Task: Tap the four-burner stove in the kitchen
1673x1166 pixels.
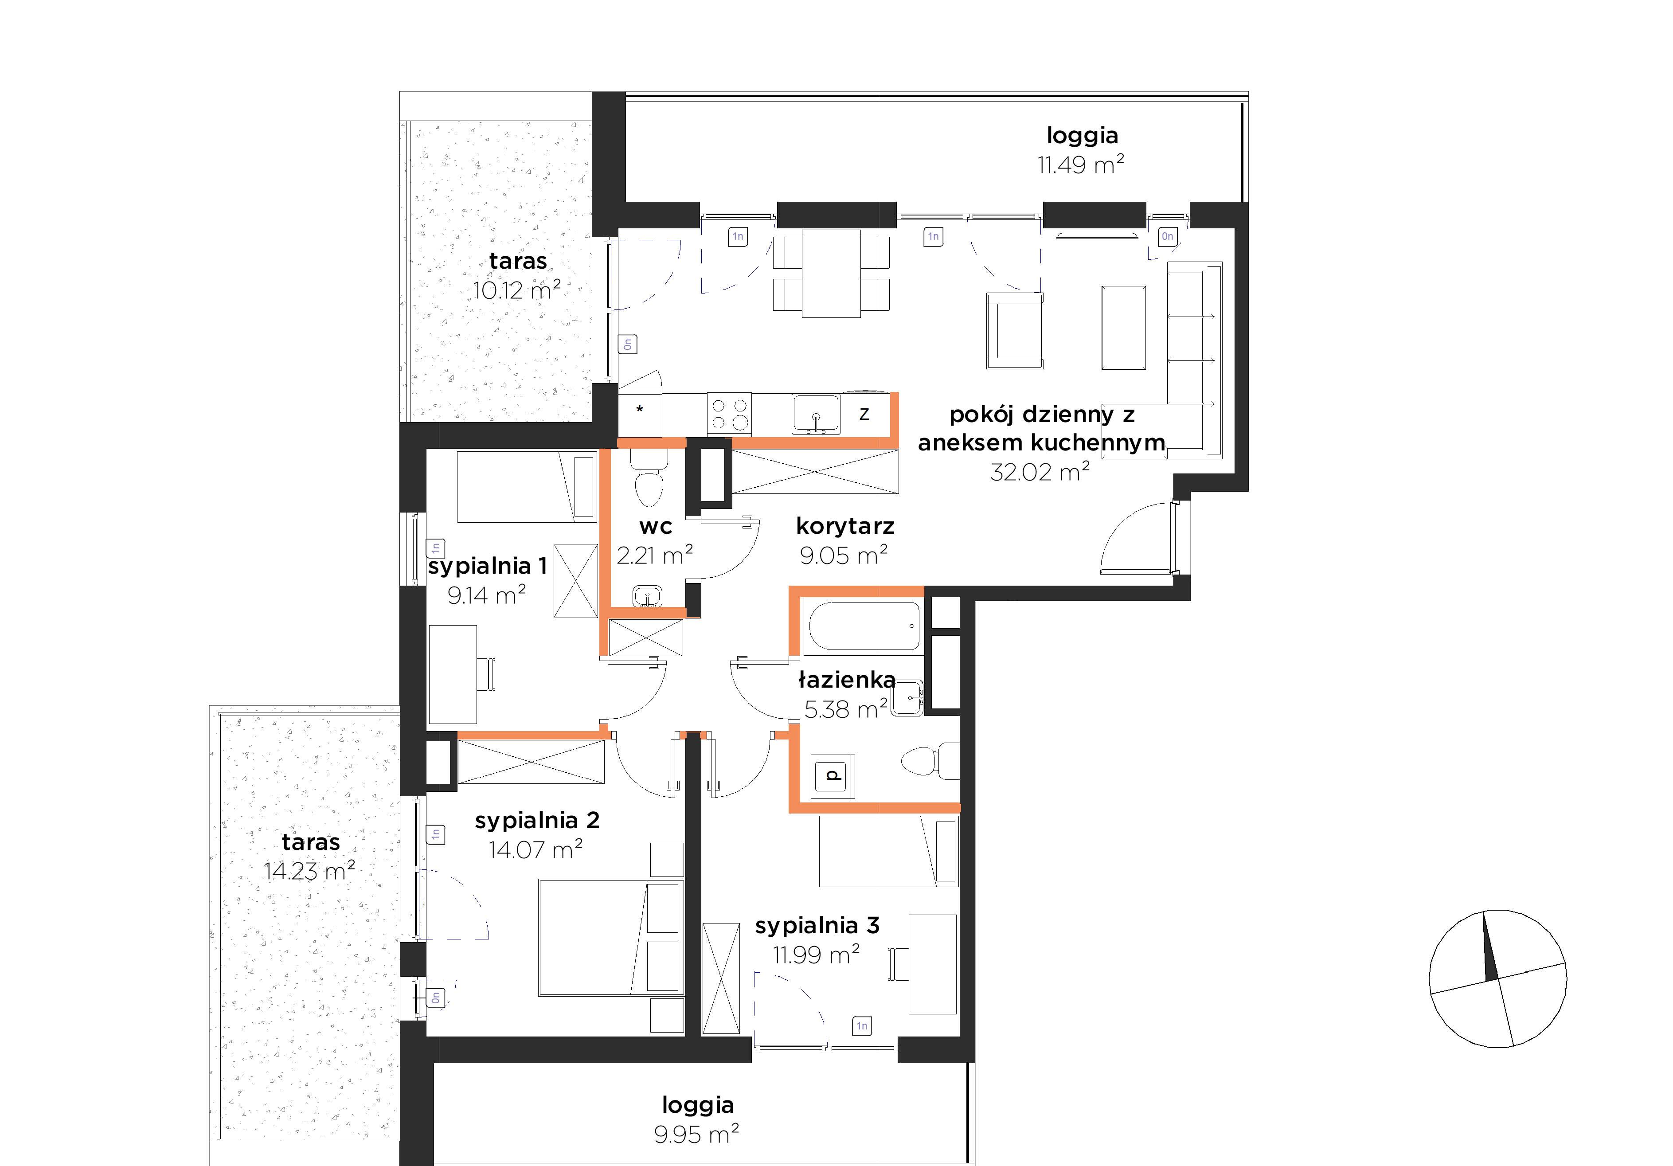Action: pos(729,414)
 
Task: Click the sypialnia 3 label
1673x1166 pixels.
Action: pos(817,926)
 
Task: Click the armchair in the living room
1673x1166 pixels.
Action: pos(1014,330)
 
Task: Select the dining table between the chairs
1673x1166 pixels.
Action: pos(831,273)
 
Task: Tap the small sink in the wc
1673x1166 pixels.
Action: pos(647,596)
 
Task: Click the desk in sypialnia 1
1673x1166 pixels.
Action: pos(453,674)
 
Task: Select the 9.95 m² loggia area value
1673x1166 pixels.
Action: pos(696,1135)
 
